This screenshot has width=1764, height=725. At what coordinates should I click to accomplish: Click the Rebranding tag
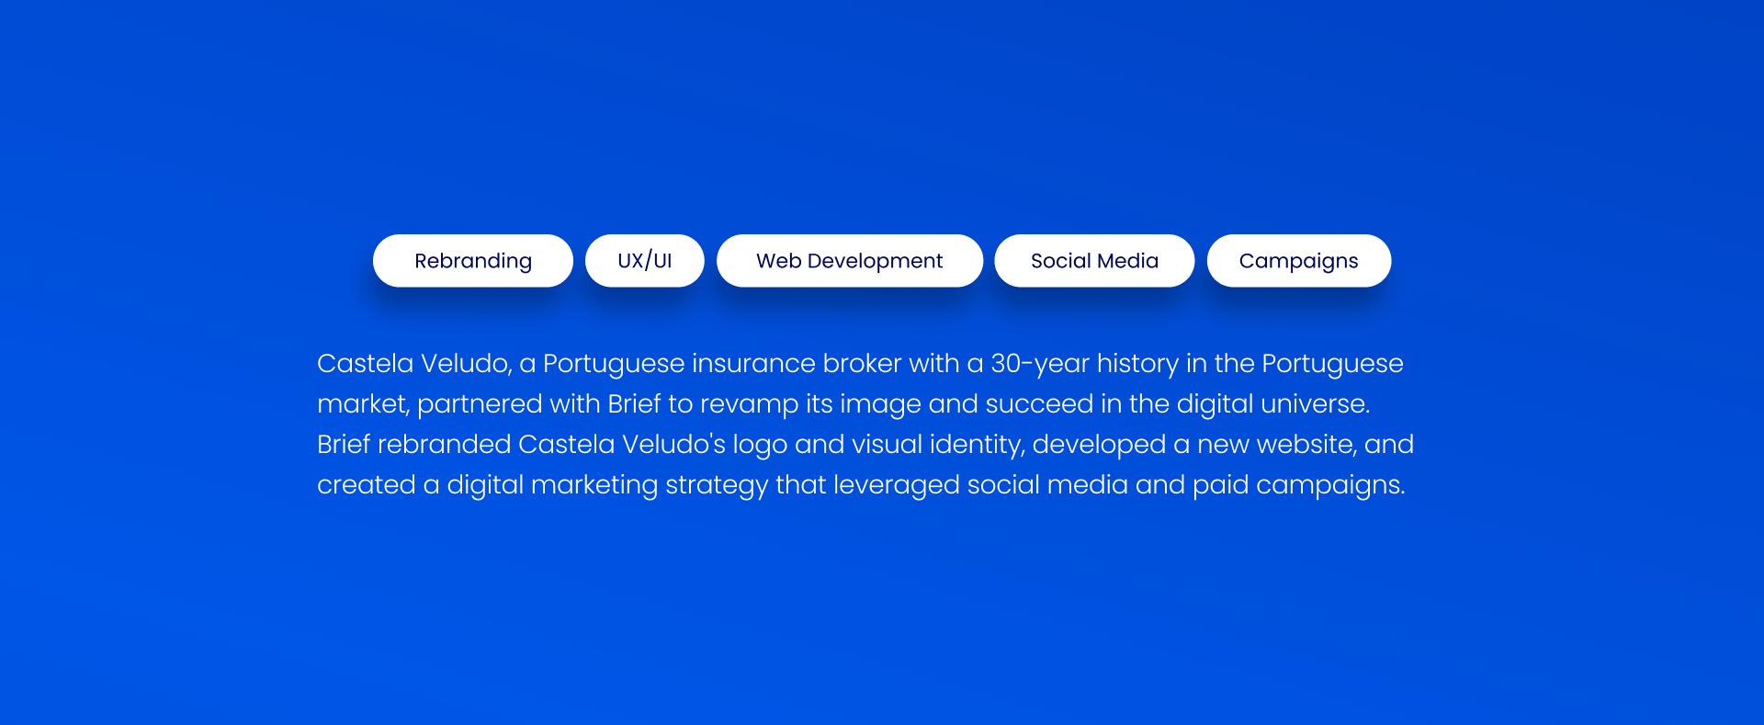(473, 261)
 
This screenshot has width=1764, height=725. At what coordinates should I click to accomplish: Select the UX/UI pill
(645, 261)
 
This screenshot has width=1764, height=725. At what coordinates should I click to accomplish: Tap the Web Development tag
(850, 261)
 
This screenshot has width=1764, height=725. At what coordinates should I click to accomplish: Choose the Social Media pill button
(1094, 261)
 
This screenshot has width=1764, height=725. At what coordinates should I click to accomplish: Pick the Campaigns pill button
(1299, 261)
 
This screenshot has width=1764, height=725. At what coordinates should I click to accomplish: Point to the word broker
(862, 364)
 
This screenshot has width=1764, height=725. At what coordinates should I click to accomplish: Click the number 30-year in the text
(1040, 365)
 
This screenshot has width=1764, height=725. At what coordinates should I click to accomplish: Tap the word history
(1137, 365)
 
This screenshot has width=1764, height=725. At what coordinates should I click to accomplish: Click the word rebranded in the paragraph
(444, 445)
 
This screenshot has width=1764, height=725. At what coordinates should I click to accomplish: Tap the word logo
(760, 446)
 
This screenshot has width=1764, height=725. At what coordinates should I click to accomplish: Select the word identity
(978, 446)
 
